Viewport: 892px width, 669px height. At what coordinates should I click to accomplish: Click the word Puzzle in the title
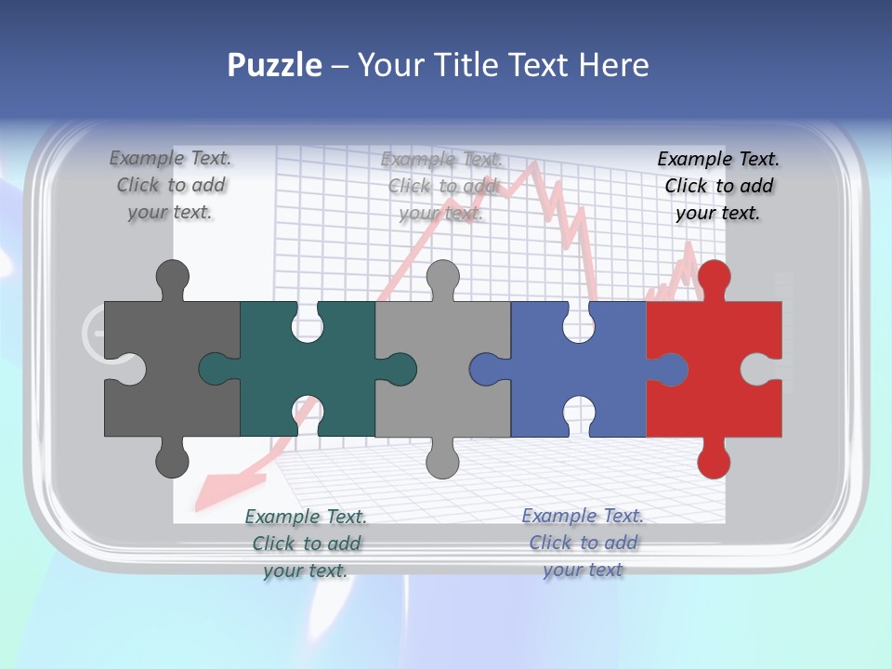pos(275,65)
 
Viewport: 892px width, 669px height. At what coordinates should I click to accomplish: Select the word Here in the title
pos(613,65)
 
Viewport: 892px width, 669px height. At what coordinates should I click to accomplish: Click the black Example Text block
pos(718,186)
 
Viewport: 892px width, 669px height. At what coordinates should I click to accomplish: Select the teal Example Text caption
pos(306,544)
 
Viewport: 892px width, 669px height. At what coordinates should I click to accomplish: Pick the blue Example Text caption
pos(583,543)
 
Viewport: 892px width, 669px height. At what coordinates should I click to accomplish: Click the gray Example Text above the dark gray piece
pos(170,186)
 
